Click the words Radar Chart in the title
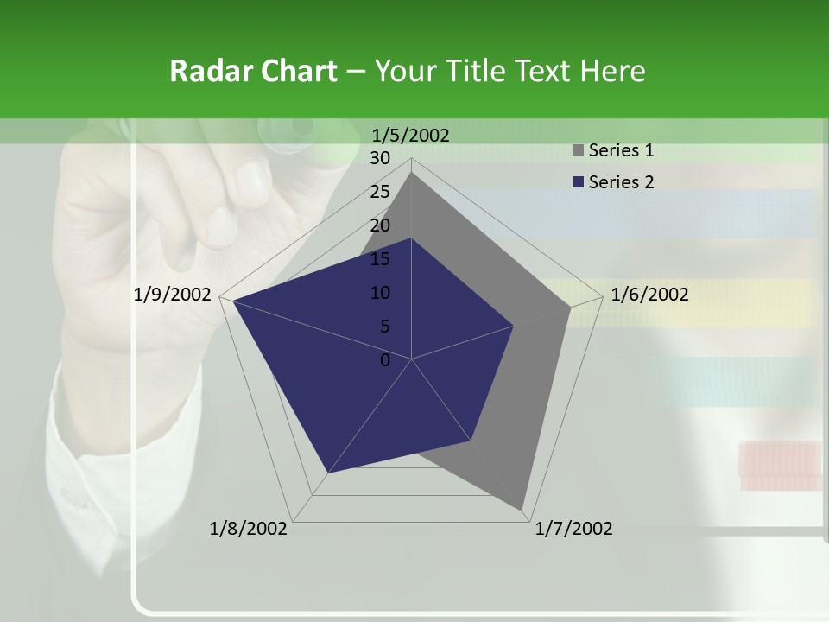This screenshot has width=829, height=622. (253, 71)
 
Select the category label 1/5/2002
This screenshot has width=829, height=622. (410, 135)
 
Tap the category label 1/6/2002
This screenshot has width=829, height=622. (649, 295)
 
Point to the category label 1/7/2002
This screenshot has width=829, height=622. (573, 529)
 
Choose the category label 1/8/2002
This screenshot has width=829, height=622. (249, 529)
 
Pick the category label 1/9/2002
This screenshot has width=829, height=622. (173, 295)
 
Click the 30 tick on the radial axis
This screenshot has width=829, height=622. (380, 158)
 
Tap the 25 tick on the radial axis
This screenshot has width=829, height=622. (380, 192)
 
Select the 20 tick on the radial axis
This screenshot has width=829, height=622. (380, 225)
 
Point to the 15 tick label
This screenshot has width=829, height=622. (380, 259)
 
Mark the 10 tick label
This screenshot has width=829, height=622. (380, 293)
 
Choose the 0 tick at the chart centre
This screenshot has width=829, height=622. (385, 360)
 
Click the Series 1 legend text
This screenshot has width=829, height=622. (621, 150)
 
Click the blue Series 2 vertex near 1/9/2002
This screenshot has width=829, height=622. (232, 300)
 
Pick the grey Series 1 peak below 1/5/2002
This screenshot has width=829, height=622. (412, 173)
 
